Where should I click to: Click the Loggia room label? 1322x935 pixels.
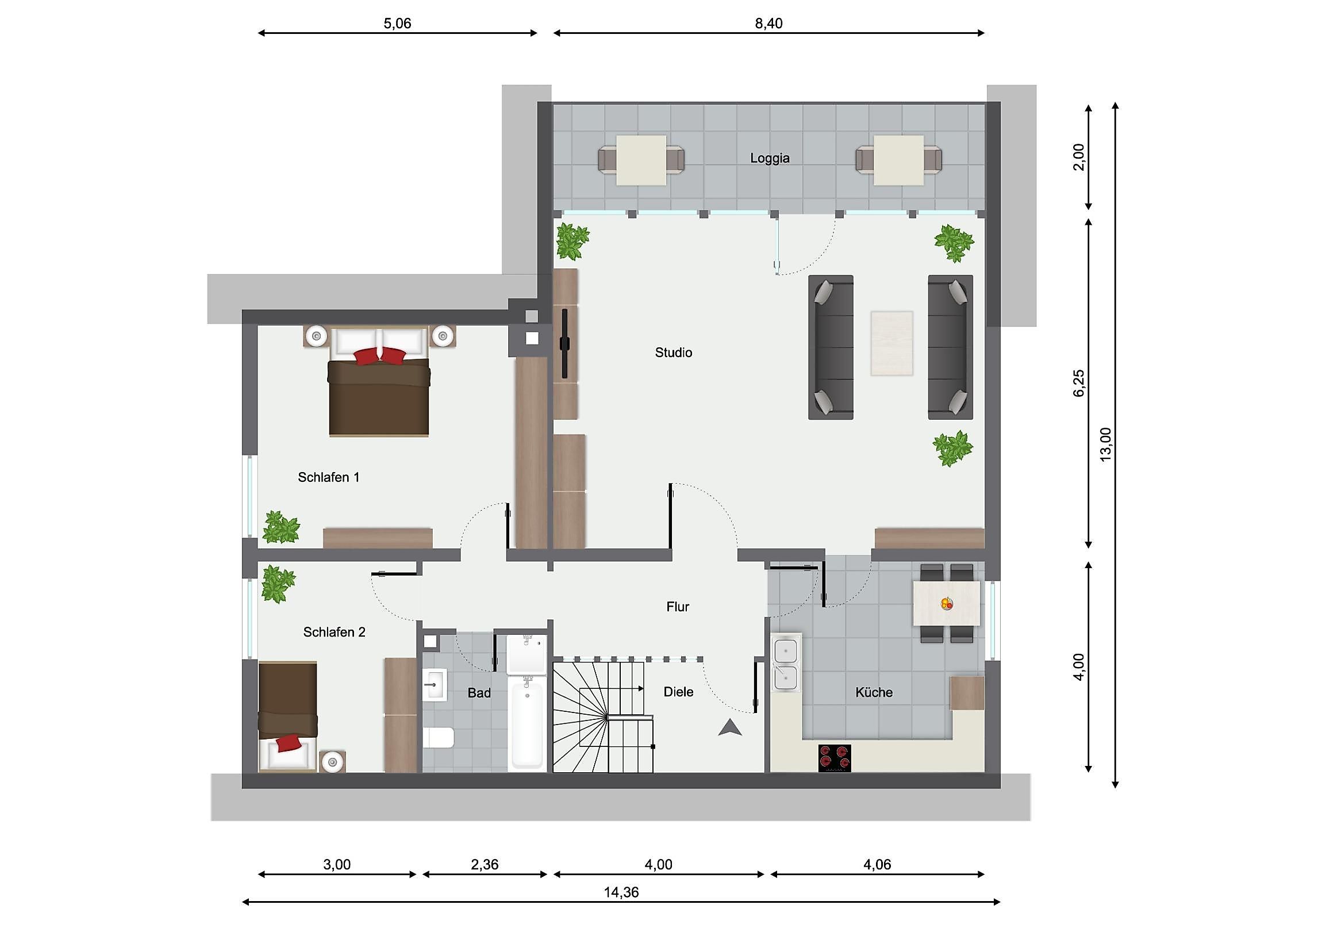[770, 158]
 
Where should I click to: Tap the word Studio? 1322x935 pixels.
[674, 352]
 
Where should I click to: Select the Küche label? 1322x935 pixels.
[874, 692]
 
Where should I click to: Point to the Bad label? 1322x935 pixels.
[479, 692]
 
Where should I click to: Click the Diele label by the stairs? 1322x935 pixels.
[678, 691]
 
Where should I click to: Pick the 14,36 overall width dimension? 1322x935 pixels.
[621, 892]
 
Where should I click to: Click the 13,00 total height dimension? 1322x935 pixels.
[1105, 444]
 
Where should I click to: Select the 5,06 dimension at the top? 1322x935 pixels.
[397, 23]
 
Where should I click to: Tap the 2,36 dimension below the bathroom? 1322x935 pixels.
[485, 864]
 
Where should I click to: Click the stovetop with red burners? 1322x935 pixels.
[835, 757]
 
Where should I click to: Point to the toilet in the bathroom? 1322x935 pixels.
[439, 737]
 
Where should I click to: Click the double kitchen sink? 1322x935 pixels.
[786, 663]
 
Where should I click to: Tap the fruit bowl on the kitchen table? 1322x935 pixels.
[947, 604]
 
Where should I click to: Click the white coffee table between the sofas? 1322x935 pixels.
[892, 343]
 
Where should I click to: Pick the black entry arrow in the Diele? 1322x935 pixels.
[730, 727]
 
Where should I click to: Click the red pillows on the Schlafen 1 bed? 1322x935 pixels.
[379, 355]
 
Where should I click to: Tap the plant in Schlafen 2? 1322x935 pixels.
[278, 583]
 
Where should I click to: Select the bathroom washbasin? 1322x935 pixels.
[435, 685]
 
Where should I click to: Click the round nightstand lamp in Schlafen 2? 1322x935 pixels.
[332, 762]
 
